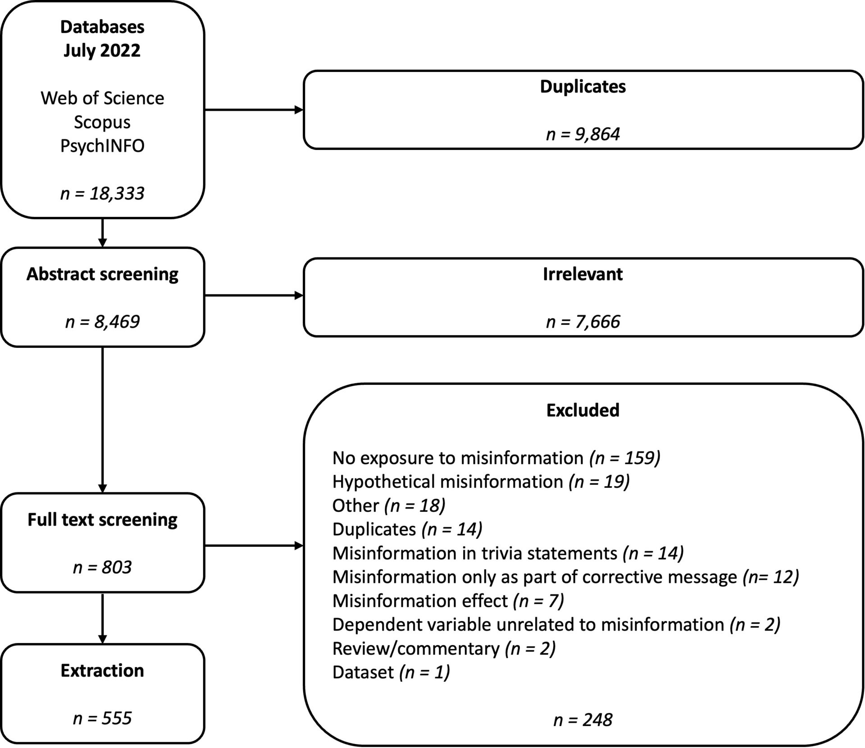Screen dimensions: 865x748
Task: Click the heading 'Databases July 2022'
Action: coord(102,38)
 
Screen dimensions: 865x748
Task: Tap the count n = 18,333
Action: coord(102,193)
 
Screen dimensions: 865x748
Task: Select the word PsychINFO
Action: coord(102,146)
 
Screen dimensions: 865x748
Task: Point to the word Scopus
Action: coord(102,122)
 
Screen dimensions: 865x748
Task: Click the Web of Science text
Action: coord(102,98)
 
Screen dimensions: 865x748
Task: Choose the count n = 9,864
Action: coord(583,134)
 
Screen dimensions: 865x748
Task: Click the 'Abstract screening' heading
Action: coord(102,274)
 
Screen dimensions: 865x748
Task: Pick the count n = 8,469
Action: coord(102,321)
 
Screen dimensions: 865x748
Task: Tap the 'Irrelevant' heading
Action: coord(583,274)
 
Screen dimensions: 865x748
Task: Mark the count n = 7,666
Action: coord(583,321)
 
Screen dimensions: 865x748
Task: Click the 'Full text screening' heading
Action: coord(102,519)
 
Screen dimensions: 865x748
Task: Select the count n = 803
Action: coord(102,567)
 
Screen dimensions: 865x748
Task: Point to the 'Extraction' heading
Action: coord(102,671)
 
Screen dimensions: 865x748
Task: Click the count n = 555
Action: coord(102,718)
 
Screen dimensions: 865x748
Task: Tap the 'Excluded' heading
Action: coord(583,410)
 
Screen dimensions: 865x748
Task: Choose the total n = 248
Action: coord(583,720)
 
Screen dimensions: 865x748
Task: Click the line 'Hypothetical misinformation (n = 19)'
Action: coord(481,482)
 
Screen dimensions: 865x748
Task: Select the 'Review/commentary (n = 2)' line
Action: coord(444,649)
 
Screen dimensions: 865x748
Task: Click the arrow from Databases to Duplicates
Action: coord(254,109)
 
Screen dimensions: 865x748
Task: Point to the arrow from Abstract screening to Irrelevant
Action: coord(254,295)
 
